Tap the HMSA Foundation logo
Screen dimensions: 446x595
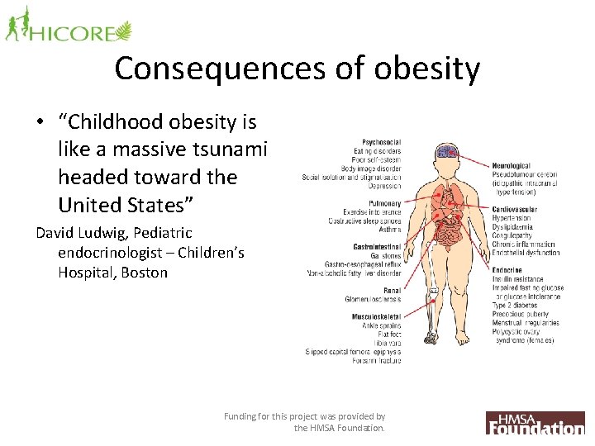pos(535,422)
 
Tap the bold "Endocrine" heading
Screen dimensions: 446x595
pos(507,270)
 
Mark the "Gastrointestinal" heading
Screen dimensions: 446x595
pos(376,246)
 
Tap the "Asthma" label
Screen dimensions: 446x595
pos(389,230)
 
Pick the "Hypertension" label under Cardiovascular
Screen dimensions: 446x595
pos(512,218)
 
